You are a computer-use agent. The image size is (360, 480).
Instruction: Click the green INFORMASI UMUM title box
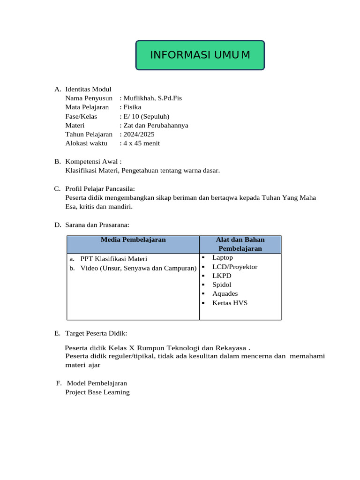point(200,55)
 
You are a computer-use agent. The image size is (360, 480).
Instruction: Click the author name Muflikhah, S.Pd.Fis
point(152,98)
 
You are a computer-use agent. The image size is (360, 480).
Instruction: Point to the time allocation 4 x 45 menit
point(141,143)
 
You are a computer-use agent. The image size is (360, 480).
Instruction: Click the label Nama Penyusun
point(89,98)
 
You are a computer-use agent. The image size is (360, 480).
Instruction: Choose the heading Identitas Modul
point(88,90)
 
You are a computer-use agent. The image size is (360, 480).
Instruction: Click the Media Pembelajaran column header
point(133,240)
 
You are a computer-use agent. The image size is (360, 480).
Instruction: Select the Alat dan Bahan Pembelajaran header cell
point(240,244)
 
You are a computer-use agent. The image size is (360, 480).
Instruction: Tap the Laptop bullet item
point(222,258)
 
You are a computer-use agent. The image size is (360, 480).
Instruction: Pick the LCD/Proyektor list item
point(234,267)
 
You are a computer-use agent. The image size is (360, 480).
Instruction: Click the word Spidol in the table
point(222,285)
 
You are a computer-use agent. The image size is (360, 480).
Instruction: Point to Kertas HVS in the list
point(230,303)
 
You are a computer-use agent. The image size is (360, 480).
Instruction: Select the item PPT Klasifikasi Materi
point(113,259)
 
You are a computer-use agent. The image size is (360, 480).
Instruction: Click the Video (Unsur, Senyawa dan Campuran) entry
point(138,268)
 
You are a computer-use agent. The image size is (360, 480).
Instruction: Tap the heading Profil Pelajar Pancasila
point(100,189)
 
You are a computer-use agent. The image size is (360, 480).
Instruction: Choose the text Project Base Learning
point(97,392)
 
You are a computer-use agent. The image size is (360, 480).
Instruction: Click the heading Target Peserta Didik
point(96,333)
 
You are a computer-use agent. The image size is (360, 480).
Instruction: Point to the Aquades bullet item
point(225,294)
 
